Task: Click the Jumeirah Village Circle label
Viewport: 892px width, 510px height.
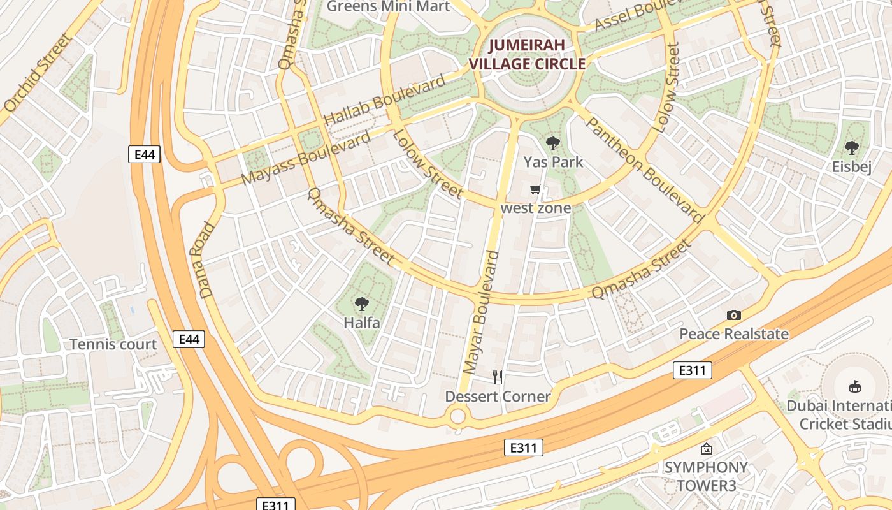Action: [527, 54]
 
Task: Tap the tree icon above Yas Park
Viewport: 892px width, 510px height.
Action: [553, 143]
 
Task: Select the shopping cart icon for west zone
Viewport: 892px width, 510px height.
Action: [536, 189]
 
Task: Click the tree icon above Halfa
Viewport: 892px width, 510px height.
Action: [362, 303]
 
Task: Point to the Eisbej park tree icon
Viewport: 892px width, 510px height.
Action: [851, 148]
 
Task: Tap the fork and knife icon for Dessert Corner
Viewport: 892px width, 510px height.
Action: [498, 377]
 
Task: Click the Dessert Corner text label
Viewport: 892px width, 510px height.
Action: [498, 397]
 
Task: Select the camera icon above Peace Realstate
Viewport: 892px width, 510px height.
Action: [734, 315]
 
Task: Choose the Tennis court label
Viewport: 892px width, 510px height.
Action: [113, 345]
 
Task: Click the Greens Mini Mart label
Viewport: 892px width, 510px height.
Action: [388, 6]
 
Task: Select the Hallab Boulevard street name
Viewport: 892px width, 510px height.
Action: [385, 101]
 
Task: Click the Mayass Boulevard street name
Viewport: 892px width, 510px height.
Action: [306, 159]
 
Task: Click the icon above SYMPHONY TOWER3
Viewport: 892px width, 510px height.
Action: [706, 449]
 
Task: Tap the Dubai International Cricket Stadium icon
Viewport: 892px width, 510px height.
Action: [855, 386]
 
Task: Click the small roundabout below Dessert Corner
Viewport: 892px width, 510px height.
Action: [457, 417]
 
